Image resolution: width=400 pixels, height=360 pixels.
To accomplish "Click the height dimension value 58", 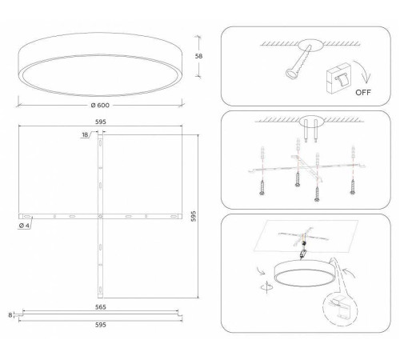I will point(199,57).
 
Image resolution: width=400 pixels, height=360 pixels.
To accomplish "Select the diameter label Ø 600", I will point(100,106).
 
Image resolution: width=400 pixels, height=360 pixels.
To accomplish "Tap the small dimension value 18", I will point(85,135).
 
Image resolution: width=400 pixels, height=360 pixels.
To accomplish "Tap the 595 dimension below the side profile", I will point(100,325).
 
